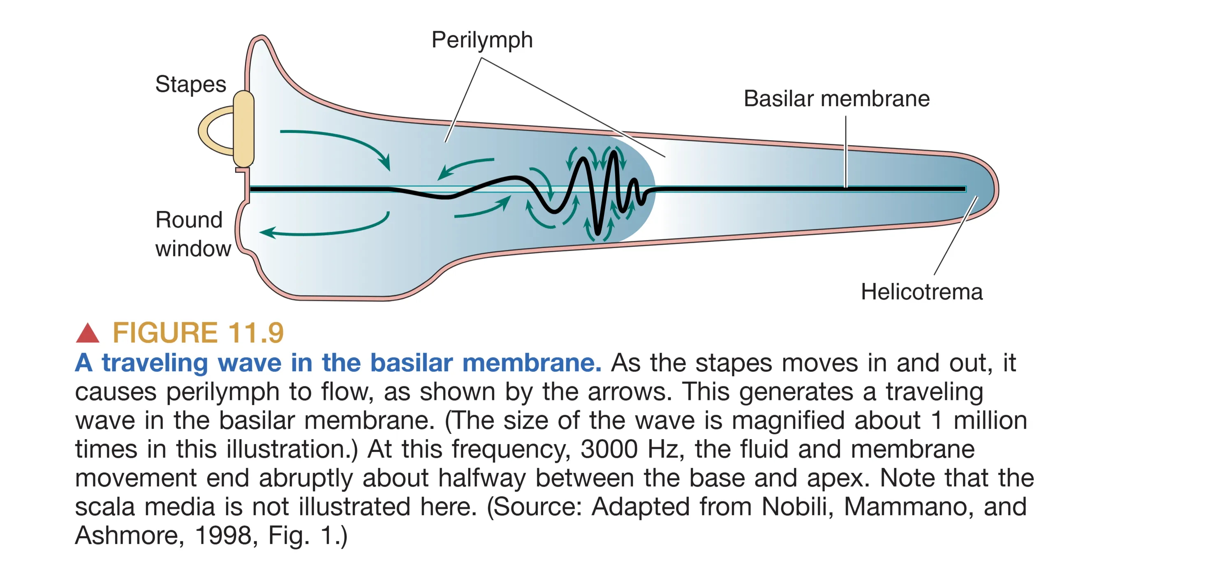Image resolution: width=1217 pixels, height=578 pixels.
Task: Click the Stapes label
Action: (x=190, y=85)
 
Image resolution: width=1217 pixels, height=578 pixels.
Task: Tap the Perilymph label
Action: (x=482, y=40)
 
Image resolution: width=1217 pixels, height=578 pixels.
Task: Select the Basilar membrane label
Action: (x=836, y=99)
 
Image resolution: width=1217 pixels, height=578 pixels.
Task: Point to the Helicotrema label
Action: (x=921, y=292)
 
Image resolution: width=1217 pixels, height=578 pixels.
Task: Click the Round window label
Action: (x=192, y=234)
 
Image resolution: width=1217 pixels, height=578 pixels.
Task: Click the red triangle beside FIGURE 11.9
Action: (x=88, y=333)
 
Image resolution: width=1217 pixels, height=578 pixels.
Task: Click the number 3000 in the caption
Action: (x=609, y=449)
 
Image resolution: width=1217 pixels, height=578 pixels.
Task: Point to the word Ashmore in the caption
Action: (x=126, y=536)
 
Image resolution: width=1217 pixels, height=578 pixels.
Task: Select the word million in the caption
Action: (x=990, y=420)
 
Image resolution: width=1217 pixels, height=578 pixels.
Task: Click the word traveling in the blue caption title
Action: (x=155, y=363)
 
